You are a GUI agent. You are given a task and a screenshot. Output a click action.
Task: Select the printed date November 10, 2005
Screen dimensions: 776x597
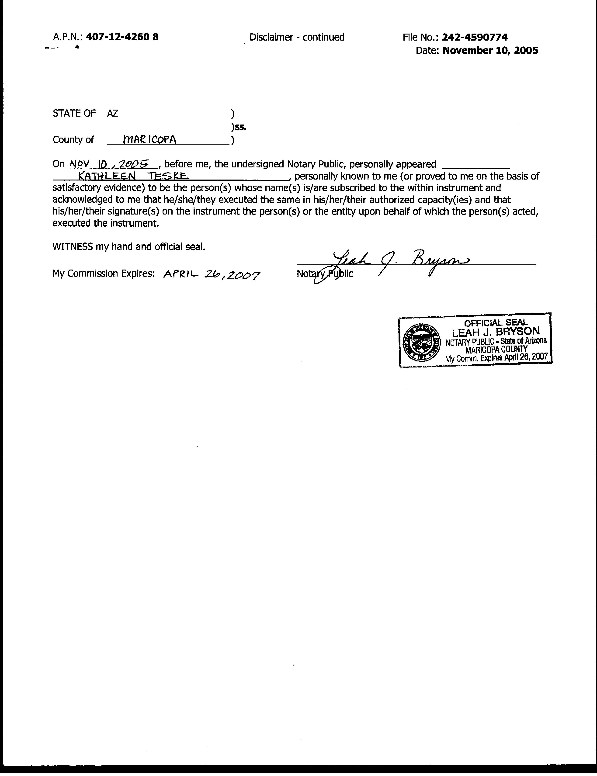(x=490, y=50)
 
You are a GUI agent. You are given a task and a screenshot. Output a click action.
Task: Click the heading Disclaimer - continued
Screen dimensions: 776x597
(x=297, y=37)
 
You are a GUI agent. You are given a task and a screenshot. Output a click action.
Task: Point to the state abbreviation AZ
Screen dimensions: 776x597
(x=113, y=113)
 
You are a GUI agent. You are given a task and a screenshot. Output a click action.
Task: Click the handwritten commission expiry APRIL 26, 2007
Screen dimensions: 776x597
(x=212, y=274)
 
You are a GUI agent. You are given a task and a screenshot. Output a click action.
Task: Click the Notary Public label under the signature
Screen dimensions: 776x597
(x=325, y=274)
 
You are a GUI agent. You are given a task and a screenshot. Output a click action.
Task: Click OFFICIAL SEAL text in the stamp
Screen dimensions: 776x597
(x=496, y=323)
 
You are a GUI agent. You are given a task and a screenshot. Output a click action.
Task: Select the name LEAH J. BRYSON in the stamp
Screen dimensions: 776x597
(x=496, y=332)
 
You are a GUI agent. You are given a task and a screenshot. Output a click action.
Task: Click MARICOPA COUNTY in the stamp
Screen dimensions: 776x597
(x=496, y=350)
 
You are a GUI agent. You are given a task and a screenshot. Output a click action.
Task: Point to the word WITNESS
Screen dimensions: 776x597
(x=73, y=247)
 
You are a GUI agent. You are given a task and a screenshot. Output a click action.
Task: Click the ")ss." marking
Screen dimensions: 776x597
(x=238, y=127)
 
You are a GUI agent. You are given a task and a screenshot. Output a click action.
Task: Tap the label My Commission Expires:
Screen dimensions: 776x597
(x=103, y=273)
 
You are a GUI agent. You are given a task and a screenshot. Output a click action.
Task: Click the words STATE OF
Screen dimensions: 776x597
(x=74, y=113)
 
